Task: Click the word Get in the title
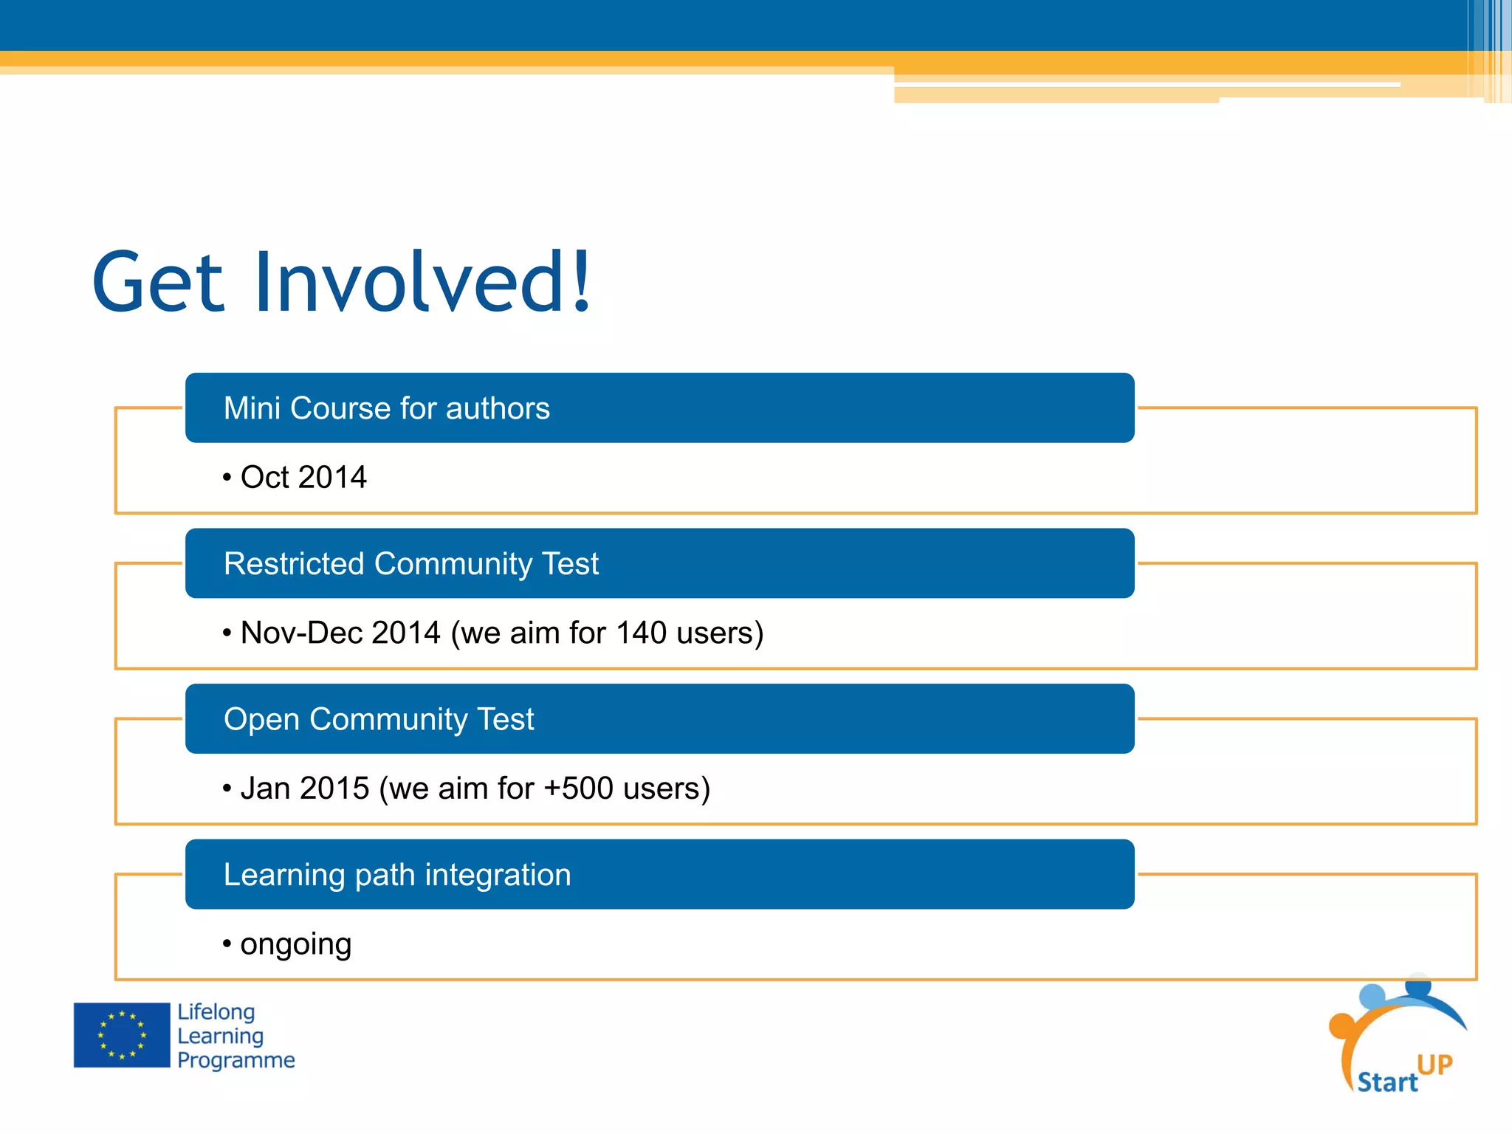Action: (158, 282)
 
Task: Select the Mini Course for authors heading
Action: (386, 408)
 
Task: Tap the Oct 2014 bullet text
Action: (303, 478)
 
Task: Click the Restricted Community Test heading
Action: (410, 564)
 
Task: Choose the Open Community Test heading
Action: (378, 720)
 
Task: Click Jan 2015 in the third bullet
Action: (304, 788)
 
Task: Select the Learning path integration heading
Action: (397, 875)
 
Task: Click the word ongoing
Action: (295, 945)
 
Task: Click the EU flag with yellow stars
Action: (122, 1035)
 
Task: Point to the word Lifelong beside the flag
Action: (216, 1012)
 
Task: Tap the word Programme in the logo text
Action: (236, 1060)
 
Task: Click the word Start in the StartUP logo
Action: (1387, 1082)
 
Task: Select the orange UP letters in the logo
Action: (1434, 1065)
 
